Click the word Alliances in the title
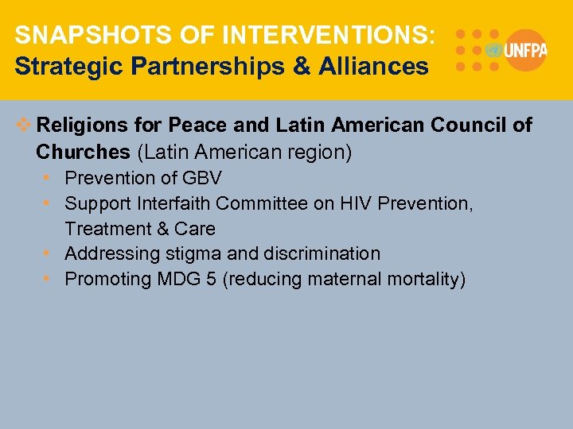(x=374, y=66)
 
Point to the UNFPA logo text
(x=525, y=50)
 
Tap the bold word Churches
(x=82, y=151)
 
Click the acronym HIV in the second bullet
(x=355, y=203)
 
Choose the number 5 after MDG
(x=211, y=279)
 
